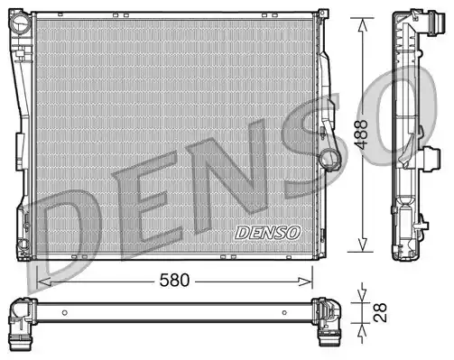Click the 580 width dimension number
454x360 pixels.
click(174, 281)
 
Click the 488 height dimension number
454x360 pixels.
click(361, 134)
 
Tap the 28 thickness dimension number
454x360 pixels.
click(380, 313)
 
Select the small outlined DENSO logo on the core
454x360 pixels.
click(267, 233)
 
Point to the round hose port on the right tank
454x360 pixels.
click(330, 158)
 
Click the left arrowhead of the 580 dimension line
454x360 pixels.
click(42, 282)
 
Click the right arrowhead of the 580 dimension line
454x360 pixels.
click(306, 282)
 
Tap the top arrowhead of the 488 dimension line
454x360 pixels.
click(363, 24)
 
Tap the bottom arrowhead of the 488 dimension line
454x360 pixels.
click(363, 245)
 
